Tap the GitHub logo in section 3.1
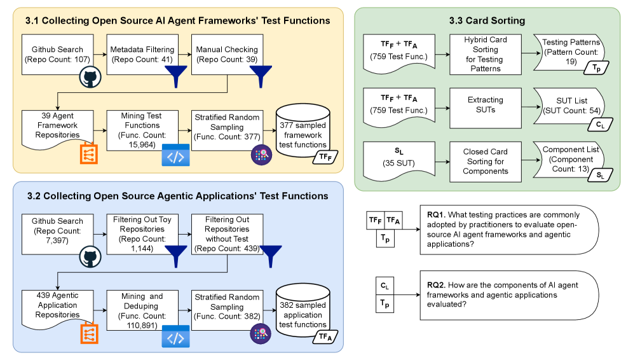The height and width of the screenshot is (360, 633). (x=90, y=78)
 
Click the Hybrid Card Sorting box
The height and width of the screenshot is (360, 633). (x=485, y=54)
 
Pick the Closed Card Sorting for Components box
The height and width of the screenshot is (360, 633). (x=485, y=161)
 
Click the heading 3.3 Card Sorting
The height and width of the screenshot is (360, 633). (x=486, y=21)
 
